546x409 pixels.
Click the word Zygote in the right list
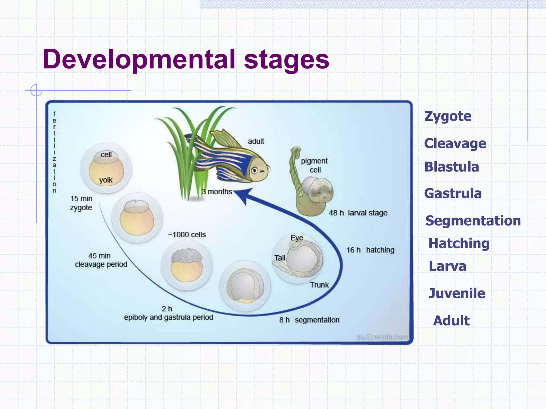coord(448,116)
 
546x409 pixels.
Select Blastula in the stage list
coord(452,167)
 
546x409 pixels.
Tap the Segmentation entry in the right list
coord(473,221)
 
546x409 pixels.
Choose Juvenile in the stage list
coord(457,293)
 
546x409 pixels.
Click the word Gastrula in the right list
coord(453,193)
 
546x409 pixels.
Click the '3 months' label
coord(217,192)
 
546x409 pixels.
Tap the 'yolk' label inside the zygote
coord(106,180)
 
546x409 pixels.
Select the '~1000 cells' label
coord(187,235)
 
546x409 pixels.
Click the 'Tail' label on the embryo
coord(280,258)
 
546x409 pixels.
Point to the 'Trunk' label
coord(319,285)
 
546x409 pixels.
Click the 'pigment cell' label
coord(314,165)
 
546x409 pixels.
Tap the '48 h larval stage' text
coord(358,213)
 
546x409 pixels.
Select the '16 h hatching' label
coord(370,250)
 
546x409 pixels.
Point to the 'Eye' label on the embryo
coord(297,238)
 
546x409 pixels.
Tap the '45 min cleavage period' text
coord(101,260)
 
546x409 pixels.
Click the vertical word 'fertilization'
coord(54,152)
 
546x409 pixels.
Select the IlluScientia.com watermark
coord(382,337)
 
